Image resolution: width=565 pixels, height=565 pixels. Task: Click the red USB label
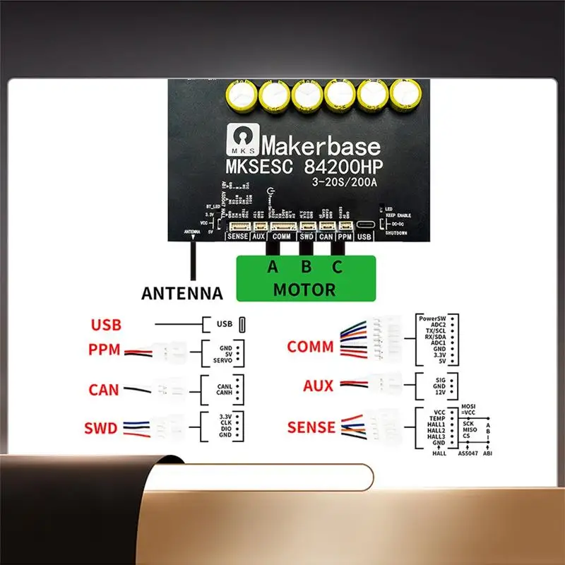pos(106,326)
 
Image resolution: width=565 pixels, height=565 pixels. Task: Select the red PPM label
pos(105,350)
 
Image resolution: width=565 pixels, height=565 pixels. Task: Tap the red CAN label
pos(104,390)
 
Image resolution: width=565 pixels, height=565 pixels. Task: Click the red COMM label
pos(310,347)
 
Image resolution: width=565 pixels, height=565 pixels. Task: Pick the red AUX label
pos(318,386)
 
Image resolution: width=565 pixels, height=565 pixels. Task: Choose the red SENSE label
pos(311,427)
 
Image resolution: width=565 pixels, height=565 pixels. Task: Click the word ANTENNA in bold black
pos(182,293)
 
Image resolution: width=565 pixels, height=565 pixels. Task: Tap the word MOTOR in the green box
pos(304,290)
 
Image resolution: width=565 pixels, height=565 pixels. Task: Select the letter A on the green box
pos(273,267)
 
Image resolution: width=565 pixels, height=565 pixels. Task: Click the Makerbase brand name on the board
pos(321,146)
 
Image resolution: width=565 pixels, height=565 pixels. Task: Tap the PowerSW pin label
pos(429,318)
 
